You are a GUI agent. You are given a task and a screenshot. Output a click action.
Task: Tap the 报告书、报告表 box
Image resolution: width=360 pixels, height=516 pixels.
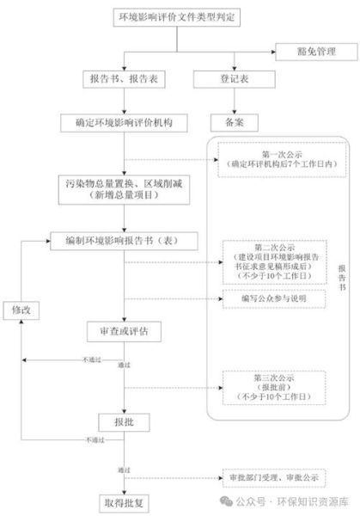pos(125,79)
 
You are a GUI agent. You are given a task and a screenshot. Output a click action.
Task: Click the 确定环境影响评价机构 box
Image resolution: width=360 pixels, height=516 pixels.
pos(125,123)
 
